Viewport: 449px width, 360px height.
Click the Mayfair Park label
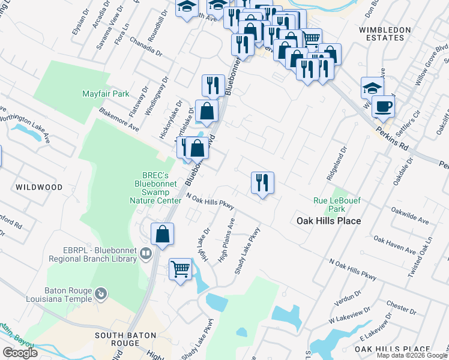pyautogui.click(x=106, y=94)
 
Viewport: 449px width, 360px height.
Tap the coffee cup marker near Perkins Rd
pyautogui.click(x=383, y=107)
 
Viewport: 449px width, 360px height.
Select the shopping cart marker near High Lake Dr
pyautogui.click(x=180, y=269)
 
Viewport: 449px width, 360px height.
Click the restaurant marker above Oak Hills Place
pyautogui.click(x=262, y=182)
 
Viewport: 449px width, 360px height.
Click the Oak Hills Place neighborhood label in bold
pyautogui.click(x=329, y=221)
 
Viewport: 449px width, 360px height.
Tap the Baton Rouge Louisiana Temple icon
pyautogui.click(x=101, y=293)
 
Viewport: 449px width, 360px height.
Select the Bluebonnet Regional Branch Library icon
pyautogui.click(x=145, y=254)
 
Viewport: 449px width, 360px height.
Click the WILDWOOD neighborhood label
pyautogui.click(x=39, y=187)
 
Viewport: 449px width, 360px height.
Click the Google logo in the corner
pyautogui.click(x=20, y=353)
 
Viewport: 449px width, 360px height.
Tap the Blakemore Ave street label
pyautogui.click(x=118, y=120)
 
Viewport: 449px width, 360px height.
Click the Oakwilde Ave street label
pyautogui.click(x=409, y=216)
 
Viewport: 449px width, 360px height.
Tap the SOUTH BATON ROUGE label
pyautogui.click(x=125, y=339)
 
